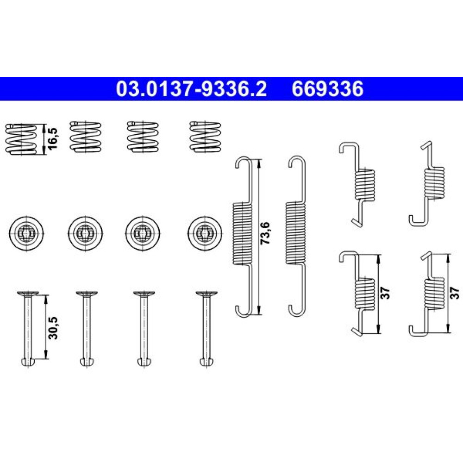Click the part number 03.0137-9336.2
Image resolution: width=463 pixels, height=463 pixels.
pos(191,89)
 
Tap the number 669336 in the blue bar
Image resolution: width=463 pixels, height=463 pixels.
pos(327,89)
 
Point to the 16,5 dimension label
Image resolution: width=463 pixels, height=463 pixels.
pos(53,138)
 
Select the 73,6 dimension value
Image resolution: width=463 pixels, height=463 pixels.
pos(265,233)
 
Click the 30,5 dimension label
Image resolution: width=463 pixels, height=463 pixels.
pos(53,328)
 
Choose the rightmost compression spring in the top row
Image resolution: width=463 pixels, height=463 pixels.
pos(205,137)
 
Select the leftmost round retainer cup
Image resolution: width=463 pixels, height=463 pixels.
pos(26,234)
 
